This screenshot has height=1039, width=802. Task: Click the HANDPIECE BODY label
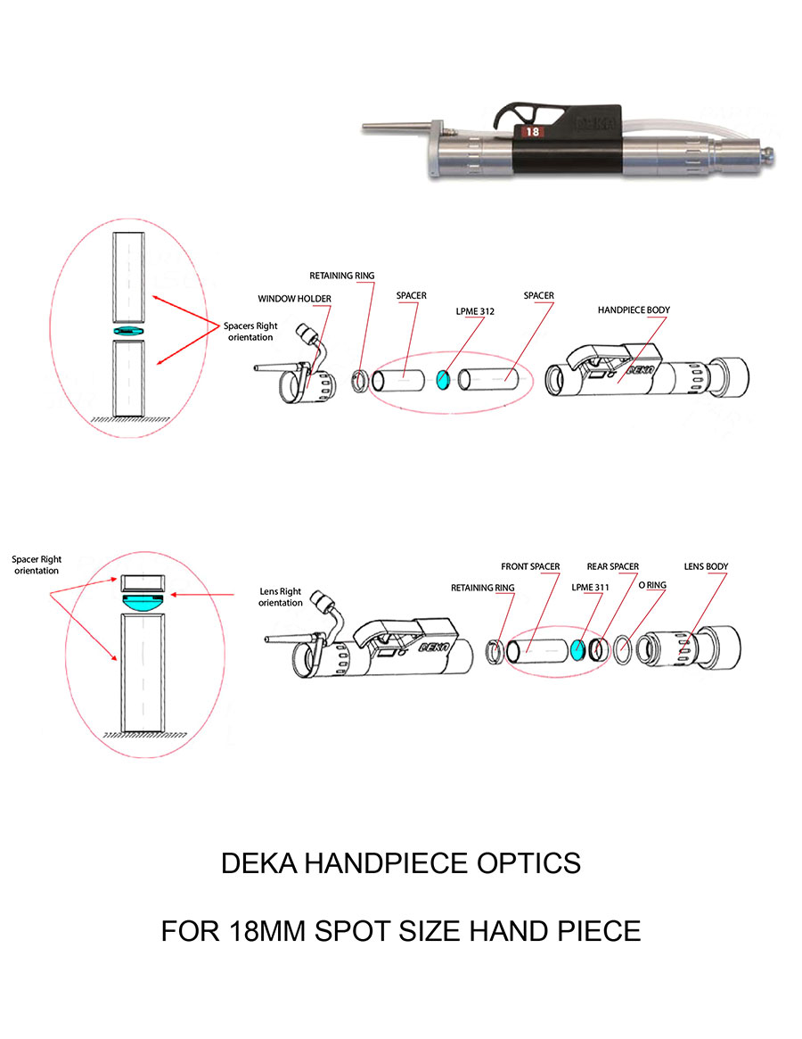[x=634, y=309]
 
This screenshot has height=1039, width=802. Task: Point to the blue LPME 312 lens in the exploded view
[x=442, y=381]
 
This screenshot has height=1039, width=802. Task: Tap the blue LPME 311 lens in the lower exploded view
[x=579, y=650]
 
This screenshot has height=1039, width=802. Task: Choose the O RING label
[x=654, y=585]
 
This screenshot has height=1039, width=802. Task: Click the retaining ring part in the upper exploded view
[x=362, y=380]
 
